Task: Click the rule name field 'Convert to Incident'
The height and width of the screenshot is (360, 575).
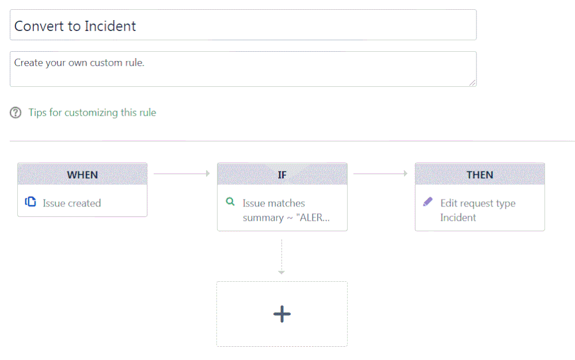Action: tap(243, 25)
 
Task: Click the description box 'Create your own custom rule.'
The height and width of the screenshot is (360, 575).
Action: tap(243, 69)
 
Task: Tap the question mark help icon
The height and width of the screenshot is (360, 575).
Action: tap(16, 113)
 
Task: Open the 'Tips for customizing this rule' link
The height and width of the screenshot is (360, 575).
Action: tap(92, 113)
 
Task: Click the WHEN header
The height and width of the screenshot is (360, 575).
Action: tap(82, 174)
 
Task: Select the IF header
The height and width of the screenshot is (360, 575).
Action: tap(282, 174)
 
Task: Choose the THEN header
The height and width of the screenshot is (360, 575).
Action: tap(479, 174)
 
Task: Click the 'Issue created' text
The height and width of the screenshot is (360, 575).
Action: tap(71, 203)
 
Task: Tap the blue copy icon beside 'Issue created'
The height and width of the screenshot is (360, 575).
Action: tap(31, 202)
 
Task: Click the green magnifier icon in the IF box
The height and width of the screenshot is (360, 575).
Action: tap(230, 202)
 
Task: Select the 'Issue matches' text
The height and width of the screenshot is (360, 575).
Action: tap(273, 203)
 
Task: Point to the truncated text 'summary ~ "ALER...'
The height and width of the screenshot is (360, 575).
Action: tap(286, 217)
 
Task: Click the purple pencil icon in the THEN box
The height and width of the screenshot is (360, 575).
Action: tap(428, 202)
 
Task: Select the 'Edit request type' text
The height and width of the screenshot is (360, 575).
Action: tap(478, 203)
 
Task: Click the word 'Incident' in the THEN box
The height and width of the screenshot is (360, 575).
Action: tap(458, 217)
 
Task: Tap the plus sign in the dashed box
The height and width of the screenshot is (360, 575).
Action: tap(282, 313)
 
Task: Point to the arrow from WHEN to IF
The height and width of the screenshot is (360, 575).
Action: tap(182, 173)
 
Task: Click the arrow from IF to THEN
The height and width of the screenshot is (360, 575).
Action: tap(380, 173)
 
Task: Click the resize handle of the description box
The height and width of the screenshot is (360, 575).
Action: tap(473, 83)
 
